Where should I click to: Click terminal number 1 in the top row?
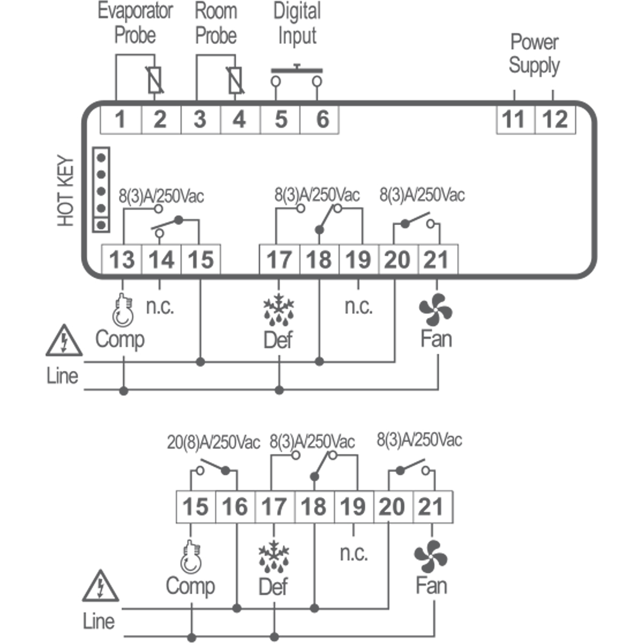pyautogui.click(x=121, y=119)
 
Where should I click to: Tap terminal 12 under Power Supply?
pyautogui.click(x=555, y=119)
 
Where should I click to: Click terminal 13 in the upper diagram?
pyautogui.click(x=122, y=260)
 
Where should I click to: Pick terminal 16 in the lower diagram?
pyautogui.click(x=235, y=506)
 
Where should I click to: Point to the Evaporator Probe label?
pyautogui.click(x=135, y=23)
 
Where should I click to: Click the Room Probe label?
pyautogui.click(x=216, y=23)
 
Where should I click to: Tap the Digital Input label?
pyautogui.click(x=297, y=24)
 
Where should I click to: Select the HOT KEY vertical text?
pyautogui.click(x=65, y=191)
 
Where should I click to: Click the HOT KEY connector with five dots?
pyautogui.click(x=101, y=190)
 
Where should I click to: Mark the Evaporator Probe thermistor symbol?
pyautogui.click(x=155, y=80)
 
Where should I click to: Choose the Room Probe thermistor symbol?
pyautogui.click(x=235, y=80)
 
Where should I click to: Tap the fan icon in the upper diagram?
pyautogui.click(x=436, y=310)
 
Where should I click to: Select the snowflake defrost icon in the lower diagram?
pyautogui.click(x=273, y=557)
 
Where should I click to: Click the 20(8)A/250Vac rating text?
pyautogui.click(x=213, y=443)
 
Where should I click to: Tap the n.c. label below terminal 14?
pyautogui.click(x=160, y=306)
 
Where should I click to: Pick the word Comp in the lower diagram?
pyautogui.click(x=190, y=586)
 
